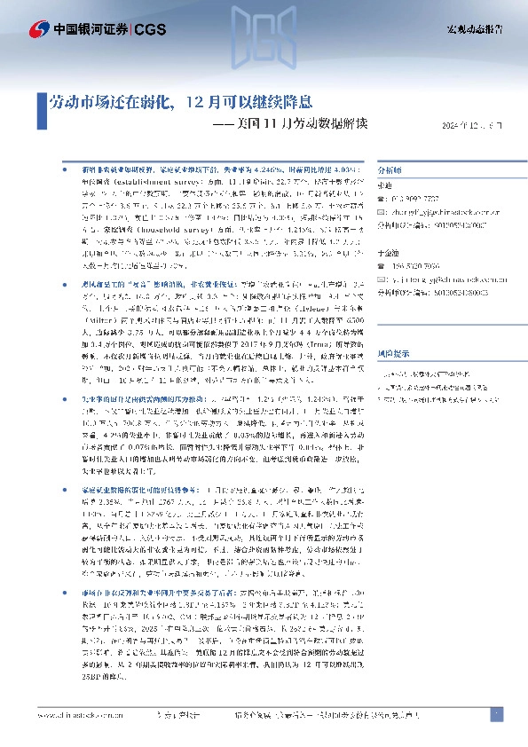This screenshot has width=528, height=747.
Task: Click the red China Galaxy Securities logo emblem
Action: tap(39, 29)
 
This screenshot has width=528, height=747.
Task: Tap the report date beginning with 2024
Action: tap(472, 125)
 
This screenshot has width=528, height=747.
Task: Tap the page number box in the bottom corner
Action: tap(496, 714)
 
